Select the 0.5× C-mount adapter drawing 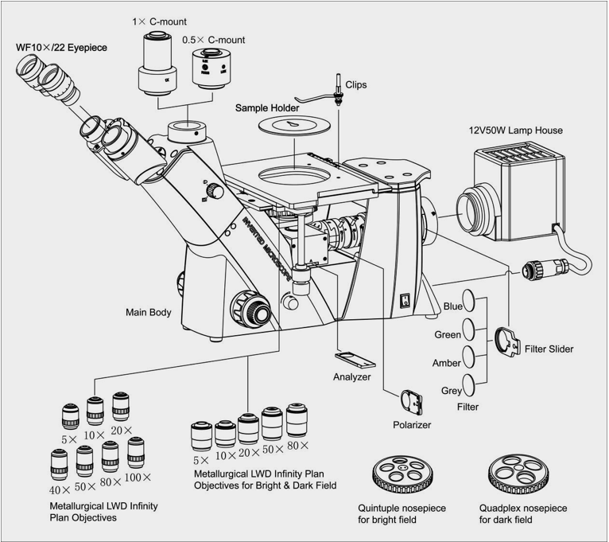[x=207, y=70]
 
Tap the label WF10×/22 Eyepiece [x=61, y=49]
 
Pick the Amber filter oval [x=470, y=357]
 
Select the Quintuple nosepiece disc [x=403, y=475]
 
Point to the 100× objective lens [x=137, y=454]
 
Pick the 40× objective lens [x=59, y=464]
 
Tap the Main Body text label [x=149, y=312]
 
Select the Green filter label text [x=448, y=335]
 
